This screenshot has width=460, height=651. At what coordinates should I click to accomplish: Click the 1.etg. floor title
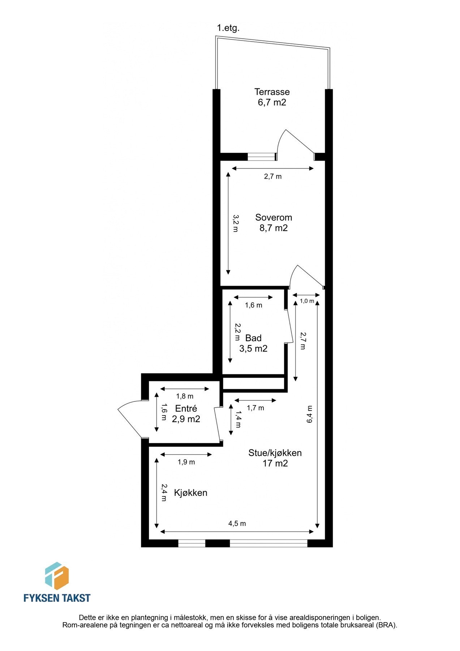[x=228, y=28]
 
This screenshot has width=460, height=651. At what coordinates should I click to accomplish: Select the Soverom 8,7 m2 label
[x=273, y=222]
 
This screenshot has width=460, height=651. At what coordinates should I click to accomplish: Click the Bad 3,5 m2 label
[x=253, y=343]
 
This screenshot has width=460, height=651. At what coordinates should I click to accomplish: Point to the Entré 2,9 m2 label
[x=186, y=414]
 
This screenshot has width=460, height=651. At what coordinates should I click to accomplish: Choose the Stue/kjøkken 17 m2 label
[x=275, y=458]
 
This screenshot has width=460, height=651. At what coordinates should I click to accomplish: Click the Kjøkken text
[x=190, y=493]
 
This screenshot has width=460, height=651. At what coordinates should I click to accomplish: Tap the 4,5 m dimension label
[x=237, y=523]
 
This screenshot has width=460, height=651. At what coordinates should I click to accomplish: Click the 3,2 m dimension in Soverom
[x=235, y=224]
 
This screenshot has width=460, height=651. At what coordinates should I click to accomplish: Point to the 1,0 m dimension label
[x=307, y=301]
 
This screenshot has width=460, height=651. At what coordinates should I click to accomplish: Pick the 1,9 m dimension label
[x=186, y=462]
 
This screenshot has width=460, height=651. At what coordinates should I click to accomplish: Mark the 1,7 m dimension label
[x=255, y=408]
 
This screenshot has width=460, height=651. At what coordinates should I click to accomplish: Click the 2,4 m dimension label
[x=164, y=493]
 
